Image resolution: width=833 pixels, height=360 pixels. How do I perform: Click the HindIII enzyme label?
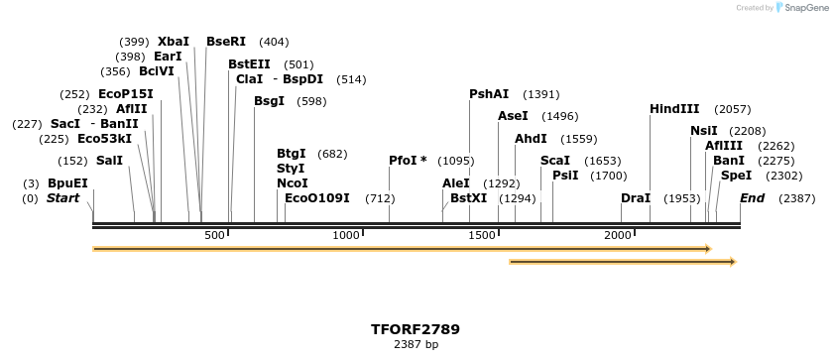pos(674,109)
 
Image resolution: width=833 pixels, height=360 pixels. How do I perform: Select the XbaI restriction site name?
pos(174,42)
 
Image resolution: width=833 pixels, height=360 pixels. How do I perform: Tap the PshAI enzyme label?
pos(489,94)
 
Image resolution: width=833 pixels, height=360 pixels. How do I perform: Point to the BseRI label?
pos(226,42)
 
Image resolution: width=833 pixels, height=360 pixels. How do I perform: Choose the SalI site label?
pos(109,161)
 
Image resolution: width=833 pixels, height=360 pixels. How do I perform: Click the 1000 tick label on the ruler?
pos(346,235)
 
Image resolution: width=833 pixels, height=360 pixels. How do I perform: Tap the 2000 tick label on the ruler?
pos(618,235)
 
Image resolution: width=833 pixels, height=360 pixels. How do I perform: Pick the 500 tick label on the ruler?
pos(214,235)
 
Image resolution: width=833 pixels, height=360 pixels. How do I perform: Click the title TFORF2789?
pos(416,329)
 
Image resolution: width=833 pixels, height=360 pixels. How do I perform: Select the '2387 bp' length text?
pos(416,345)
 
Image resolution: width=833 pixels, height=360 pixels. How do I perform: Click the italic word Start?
pos(62,198)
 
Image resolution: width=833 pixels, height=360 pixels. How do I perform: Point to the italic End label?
pos(752,198)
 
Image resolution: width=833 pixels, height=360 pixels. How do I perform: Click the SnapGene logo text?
pos(802,8)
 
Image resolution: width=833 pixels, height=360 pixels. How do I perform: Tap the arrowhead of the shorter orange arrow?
pos(732,262)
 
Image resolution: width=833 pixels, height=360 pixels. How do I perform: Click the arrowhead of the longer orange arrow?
pos(707,248)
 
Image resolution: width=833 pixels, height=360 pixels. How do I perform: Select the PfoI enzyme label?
pos(408,161)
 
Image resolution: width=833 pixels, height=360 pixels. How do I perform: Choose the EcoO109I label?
pos(317,198)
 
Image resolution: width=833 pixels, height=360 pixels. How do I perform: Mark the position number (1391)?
pos(541,94)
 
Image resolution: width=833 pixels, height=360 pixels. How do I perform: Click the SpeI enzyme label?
pos(737,176)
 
